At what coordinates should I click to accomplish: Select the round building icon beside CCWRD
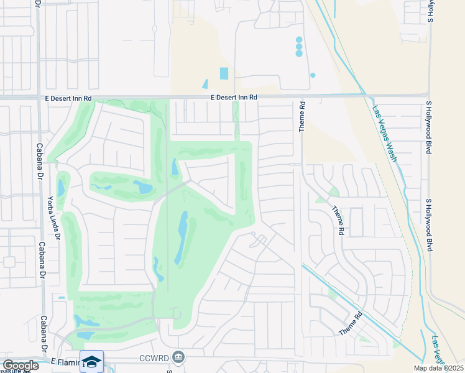[x=178, y=357]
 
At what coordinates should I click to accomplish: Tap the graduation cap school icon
[x=91, y=362]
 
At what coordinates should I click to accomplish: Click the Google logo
[x=20, y=366]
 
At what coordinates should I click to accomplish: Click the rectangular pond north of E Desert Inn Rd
[x=224, y=73]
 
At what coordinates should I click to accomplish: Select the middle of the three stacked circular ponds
[x=299, y=47]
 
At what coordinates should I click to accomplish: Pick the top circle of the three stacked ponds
[x=299, y=40]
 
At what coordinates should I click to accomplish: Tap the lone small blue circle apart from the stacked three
[x=313, y=75]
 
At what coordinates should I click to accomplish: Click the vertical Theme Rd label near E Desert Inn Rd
[x=302, y=117]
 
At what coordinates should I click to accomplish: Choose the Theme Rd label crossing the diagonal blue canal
[x=351, y=324]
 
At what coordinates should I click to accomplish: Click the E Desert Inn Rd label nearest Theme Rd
[x=233, y=98]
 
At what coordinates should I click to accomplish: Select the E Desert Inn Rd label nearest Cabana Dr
[x=68, y=98]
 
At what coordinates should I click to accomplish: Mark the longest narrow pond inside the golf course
[x=182, y=236]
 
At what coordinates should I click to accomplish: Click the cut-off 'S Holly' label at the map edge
[x=430, y=11]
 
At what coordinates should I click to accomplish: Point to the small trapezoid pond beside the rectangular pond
[x=205, y=84]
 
